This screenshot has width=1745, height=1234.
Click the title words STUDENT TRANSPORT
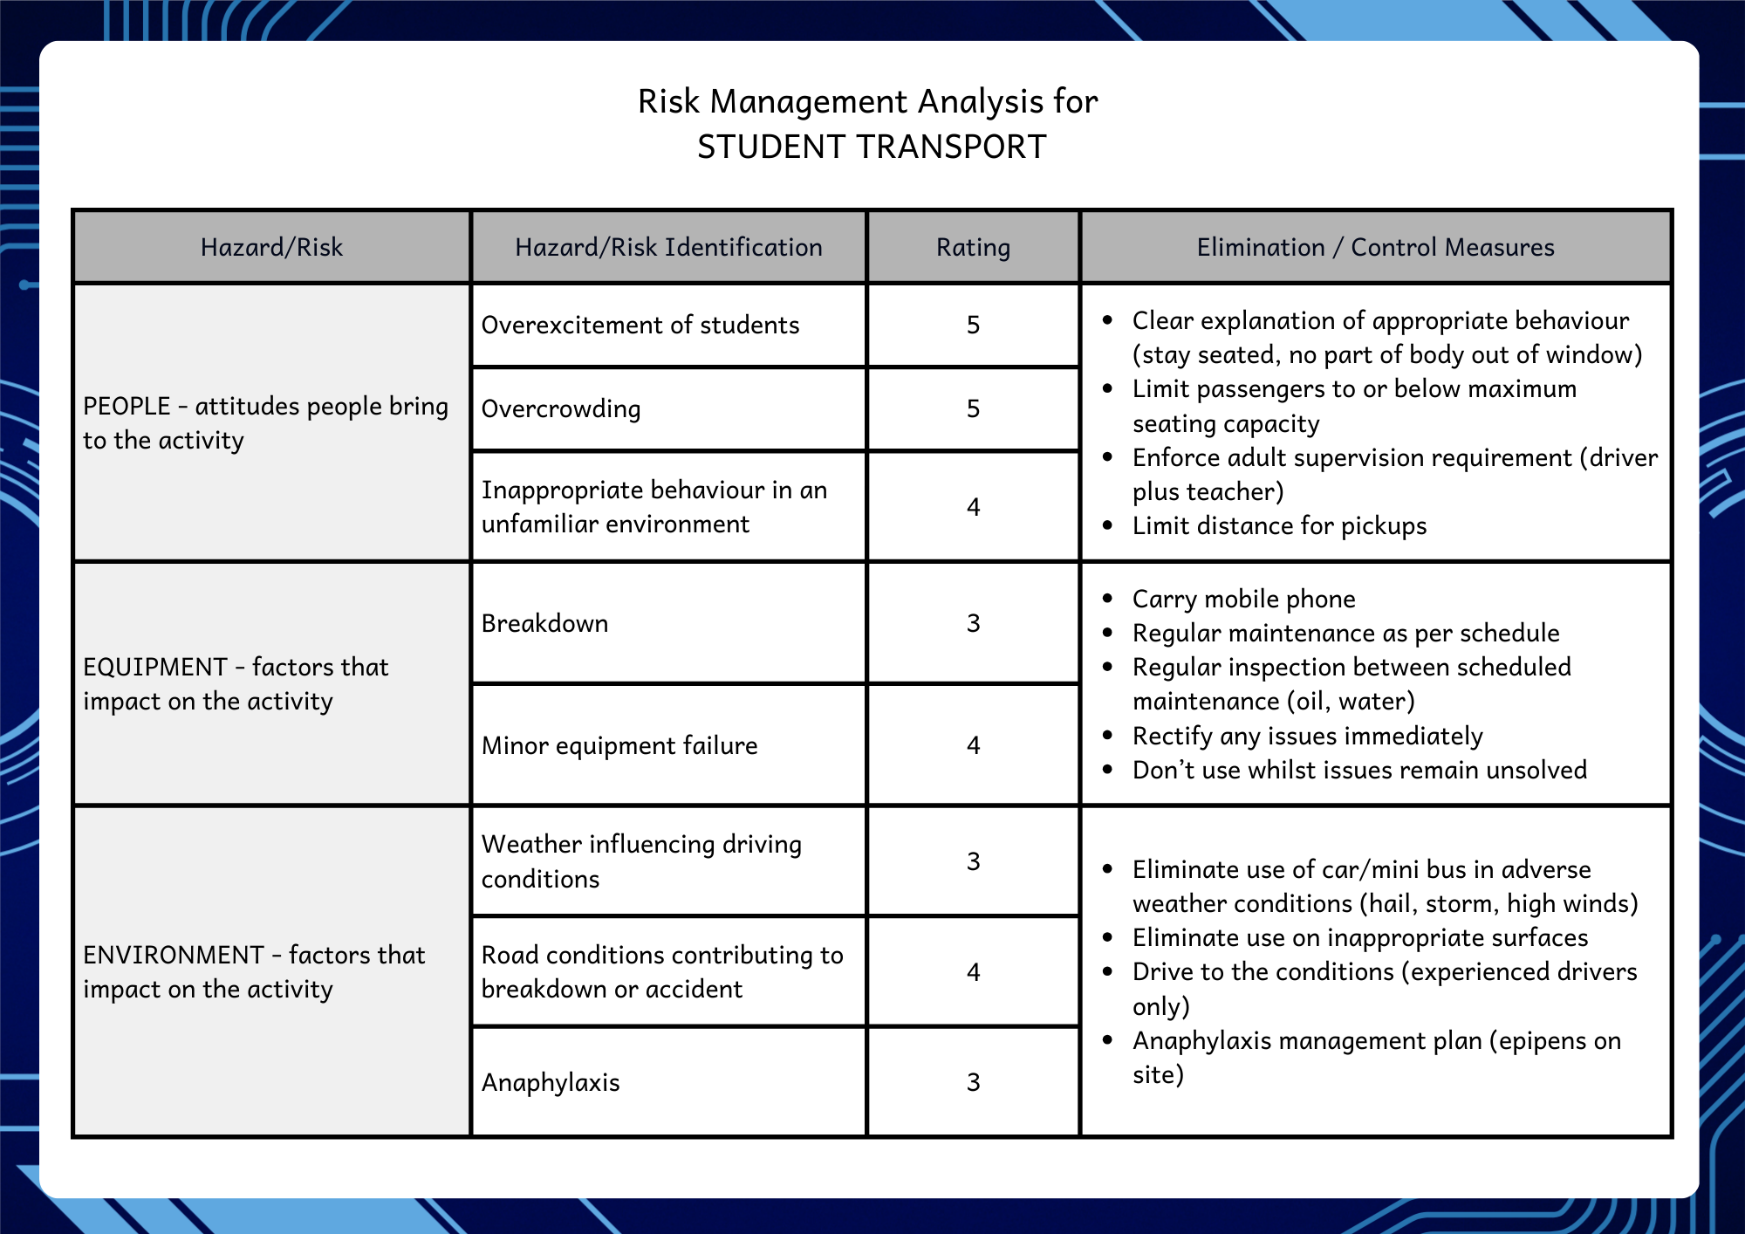tap(871, 147)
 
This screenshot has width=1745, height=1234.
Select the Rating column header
tap(973, 248)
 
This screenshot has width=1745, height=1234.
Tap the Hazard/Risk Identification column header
tap(668, 248)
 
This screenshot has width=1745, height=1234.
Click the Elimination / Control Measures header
tap(1375, 248)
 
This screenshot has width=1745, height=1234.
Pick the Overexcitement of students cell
tap(640, 326)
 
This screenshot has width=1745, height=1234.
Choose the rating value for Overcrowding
tap(973, 409)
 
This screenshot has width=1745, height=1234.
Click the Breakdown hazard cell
tap(544, 624)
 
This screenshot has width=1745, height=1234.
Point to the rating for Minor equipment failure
tap(973, 745)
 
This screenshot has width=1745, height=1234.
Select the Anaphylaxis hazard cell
tap(551, 1083)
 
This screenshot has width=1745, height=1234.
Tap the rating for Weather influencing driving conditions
tap(973, 862)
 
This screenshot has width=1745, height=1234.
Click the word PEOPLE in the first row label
tap(127, 407)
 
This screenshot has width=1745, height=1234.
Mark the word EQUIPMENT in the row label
tap(154, 668)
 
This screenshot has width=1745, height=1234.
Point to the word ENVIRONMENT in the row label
tap(173, 956)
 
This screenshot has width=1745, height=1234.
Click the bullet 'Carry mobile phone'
tap(1243, 600)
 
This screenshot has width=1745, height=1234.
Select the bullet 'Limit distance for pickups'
tap(1279, 526)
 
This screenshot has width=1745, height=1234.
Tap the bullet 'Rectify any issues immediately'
tap(1307, 737)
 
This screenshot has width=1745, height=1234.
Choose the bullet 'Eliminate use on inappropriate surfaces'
tap(1359, 938)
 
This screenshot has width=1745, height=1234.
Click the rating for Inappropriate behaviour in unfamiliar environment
tap(973, 507)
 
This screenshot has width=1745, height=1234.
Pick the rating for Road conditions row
tap(973, 972)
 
